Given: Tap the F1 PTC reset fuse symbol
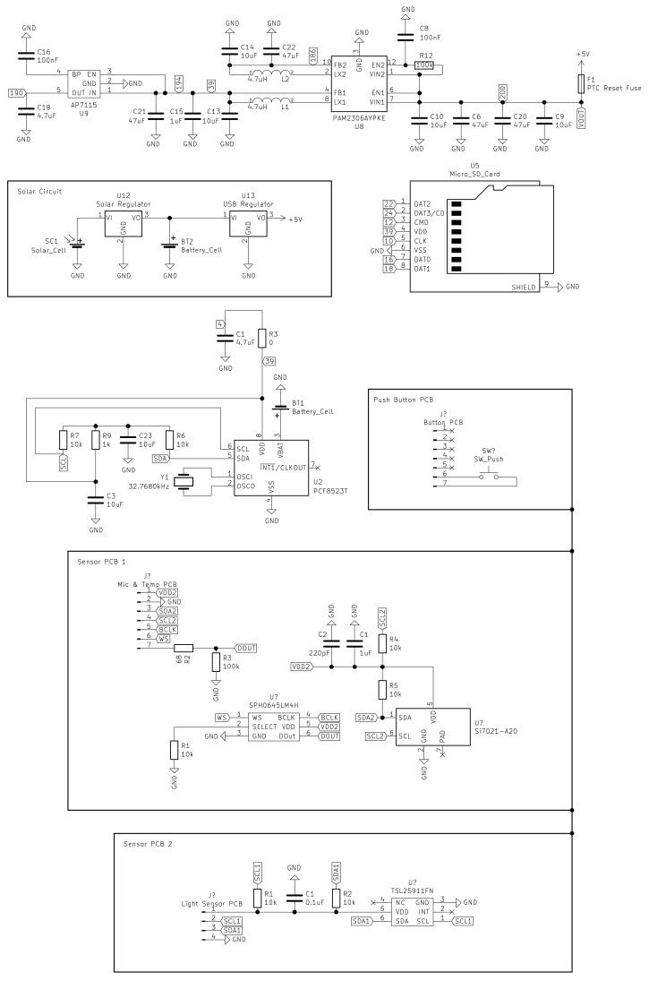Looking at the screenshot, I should tap(582, 83).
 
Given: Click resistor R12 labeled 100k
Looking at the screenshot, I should tap(426, 65).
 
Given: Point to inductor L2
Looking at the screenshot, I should tap(262, 76).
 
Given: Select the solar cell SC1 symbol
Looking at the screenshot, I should tap(77, 244).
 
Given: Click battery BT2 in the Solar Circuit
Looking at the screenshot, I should tap(170, 245).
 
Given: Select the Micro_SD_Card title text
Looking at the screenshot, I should tap(474, 174).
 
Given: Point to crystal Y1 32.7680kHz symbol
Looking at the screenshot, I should tap(185, 481).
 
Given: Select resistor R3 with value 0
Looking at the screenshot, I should tap(263, 338).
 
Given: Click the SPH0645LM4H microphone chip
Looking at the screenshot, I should tap(273, 726).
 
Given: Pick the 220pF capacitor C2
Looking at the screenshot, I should tap(330, 642).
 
